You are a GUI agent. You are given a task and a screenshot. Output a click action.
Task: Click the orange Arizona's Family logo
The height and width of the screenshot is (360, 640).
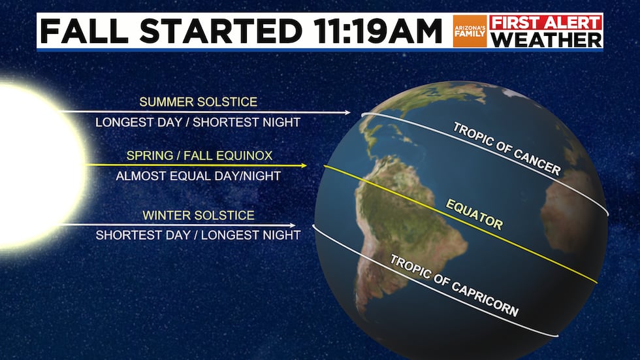[470, 31]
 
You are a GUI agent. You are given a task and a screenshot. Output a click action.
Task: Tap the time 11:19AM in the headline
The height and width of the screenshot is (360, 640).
[377, 31]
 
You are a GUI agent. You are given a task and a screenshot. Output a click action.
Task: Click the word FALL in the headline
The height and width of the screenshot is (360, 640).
[84, 31]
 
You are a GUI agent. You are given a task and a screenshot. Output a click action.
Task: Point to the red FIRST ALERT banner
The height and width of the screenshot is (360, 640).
[546, 22]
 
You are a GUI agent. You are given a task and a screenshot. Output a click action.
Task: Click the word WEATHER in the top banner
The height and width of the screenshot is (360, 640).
[546, 40]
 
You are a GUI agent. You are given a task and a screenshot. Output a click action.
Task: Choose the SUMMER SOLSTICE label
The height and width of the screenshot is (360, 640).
[199, 102]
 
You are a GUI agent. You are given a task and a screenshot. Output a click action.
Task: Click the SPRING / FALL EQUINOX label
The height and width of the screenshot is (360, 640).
[199, 155]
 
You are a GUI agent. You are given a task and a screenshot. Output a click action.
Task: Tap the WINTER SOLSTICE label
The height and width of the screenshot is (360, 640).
[199, 215]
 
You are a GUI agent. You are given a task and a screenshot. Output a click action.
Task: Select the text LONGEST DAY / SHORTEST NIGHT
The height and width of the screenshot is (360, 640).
[198, 122]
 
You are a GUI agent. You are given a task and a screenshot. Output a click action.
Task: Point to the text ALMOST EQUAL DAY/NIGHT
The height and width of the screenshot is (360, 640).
[199, 176]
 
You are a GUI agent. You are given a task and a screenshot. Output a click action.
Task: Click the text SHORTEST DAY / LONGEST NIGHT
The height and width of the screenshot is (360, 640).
[199, 235]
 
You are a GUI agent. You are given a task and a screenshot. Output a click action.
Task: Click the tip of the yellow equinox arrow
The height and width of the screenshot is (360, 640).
[306, 165]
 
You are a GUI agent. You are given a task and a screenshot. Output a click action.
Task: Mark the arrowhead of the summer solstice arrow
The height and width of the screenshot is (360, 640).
[349, 112]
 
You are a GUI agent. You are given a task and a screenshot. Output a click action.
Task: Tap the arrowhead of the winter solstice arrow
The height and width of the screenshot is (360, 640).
[295, 225]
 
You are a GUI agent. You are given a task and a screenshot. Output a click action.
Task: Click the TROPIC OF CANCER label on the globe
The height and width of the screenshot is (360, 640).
[507, 150]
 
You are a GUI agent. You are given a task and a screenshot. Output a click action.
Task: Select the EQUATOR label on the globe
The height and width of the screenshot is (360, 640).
[474, 215]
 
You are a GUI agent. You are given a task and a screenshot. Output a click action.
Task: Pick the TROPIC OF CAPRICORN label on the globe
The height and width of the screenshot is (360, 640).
[455, 286]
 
